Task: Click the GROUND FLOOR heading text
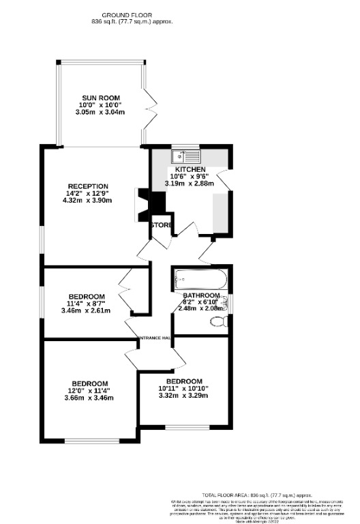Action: click(127, 14)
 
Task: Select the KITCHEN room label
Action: click(190, 169)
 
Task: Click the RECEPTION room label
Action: click(88, 186)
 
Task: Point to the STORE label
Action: click(162, 224)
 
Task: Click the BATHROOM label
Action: click(201, 295)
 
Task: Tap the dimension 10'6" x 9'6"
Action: click(190, 176)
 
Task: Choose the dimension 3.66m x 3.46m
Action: click(89, 398)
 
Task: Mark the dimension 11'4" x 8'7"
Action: click(86, 304)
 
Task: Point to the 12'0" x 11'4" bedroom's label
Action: click(90, 383)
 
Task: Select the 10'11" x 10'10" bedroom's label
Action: click(181, 381)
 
